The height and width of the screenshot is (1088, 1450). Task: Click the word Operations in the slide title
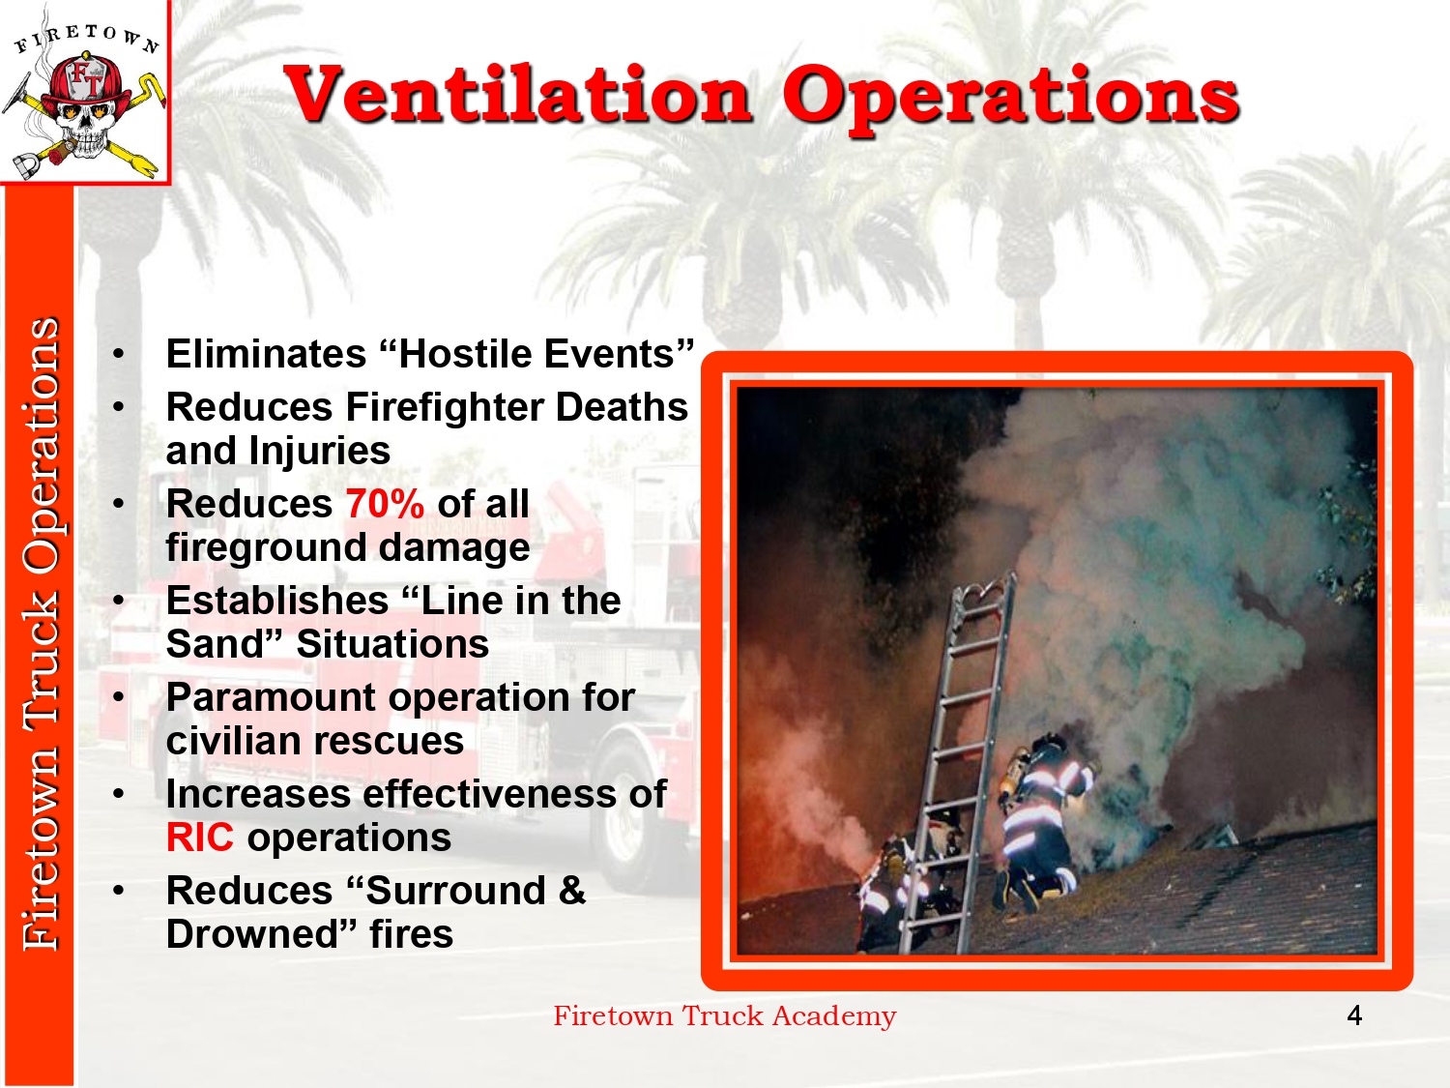(x=1010, y=98)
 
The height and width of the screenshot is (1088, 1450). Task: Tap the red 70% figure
(x=385, y=504)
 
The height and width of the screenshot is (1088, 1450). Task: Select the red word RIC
(x=199, y=838)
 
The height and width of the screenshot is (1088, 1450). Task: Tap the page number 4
(x=1354, y=1015)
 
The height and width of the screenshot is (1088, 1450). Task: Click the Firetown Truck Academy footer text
(x=725, y=1016)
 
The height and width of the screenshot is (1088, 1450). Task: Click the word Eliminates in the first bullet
(x=266, y=354)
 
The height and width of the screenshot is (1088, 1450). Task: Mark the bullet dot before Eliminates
(x=118, y=354)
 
